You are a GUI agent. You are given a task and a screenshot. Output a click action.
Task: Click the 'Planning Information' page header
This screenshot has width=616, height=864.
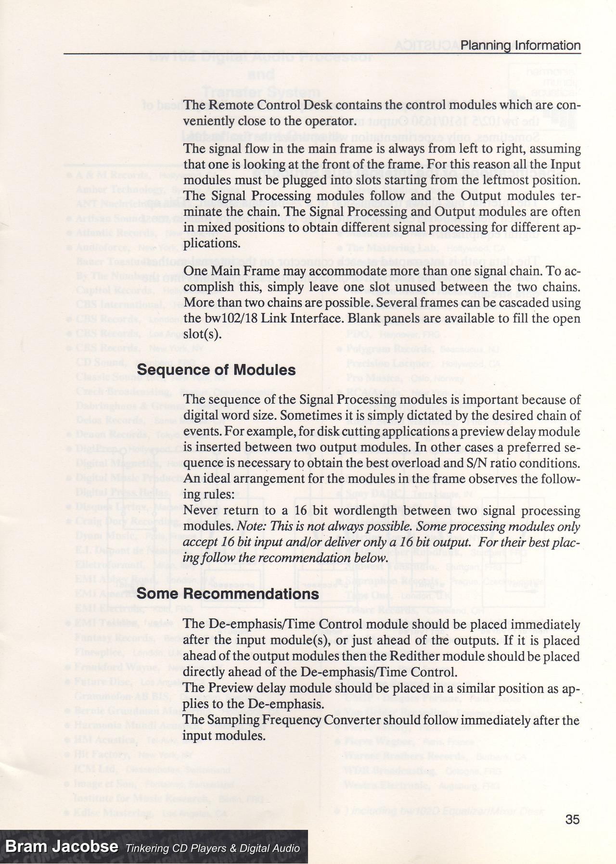520,46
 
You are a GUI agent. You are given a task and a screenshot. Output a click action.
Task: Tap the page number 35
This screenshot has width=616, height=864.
573,819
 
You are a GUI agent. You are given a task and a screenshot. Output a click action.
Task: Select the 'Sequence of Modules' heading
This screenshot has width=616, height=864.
216,370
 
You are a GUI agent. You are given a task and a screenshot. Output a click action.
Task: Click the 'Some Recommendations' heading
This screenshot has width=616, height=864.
228,594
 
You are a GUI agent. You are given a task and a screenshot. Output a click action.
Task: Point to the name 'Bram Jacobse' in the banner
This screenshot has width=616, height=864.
62,847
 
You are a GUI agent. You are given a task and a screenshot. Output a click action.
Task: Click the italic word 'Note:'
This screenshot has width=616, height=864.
252,527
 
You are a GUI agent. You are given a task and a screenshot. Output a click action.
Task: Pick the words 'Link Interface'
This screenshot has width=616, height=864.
298,318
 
